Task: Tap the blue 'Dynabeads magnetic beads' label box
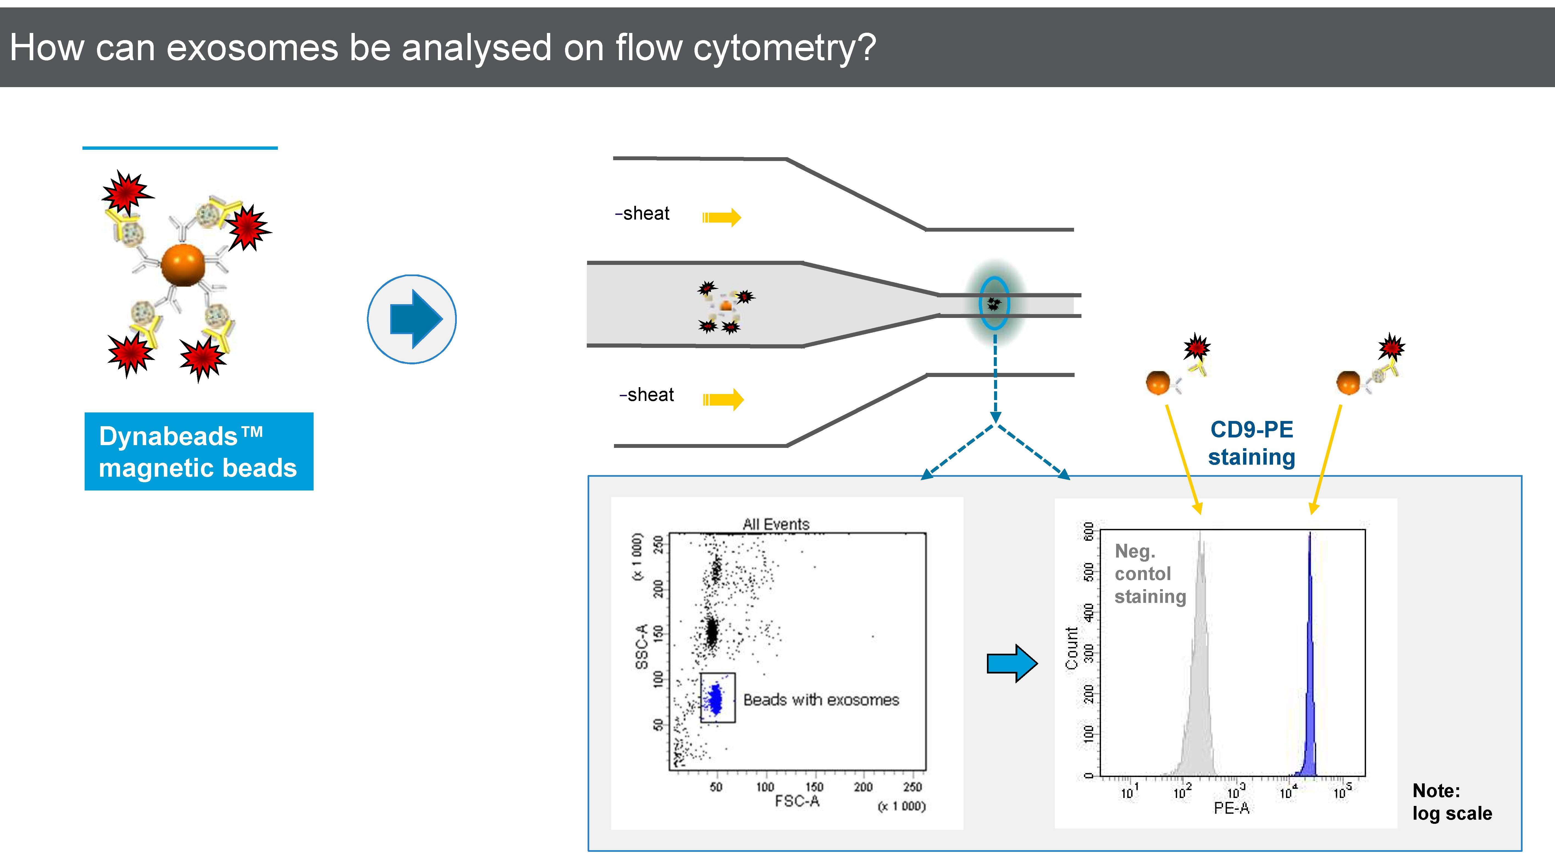pos(199,451)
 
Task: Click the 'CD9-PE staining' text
pos(1251,443)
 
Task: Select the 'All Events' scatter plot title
pos(776,524)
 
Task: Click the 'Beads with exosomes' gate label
pos(821,700)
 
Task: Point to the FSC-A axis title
pos(797,801)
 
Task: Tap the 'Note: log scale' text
pos(1451,802)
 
